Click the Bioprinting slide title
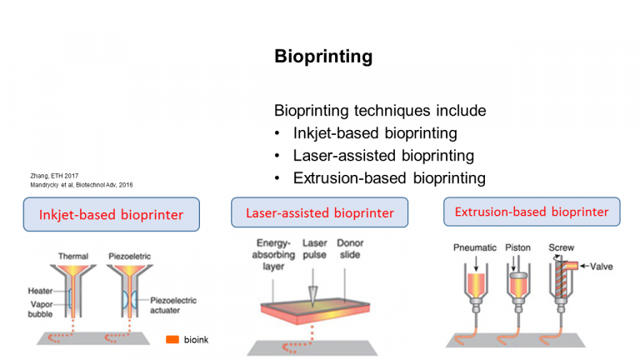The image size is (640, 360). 323,57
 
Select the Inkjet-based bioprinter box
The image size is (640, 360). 112,214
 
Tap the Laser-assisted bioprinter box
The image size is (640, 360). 320,212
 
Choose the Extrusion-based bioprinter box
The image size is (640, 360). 532,212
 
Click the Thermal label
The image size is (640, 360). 73,257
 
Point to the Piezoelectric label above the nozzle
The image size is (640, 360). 129,257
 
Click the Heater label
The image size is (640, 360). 40,291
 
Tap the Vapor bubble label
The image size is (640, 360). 40,309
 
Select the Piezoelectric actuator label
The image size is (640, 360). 173,305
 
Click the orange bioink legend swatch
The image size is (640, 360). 172,340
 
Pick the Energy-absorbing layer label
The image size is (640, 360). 273,255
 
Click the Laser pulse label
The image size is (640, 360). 314,249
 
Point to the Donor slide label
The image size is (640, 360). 350,249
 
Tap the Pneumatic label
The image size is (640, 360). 475,247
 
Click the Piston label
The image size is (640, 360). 518,247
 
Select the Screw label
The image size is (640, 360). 561,247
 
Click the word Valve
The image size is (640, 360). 601,267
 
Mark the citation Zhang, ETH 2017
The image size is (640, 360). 54,176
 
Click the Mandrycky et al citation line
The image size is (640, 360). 81,185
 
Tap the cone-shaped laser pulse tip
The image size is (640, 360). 313,296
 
